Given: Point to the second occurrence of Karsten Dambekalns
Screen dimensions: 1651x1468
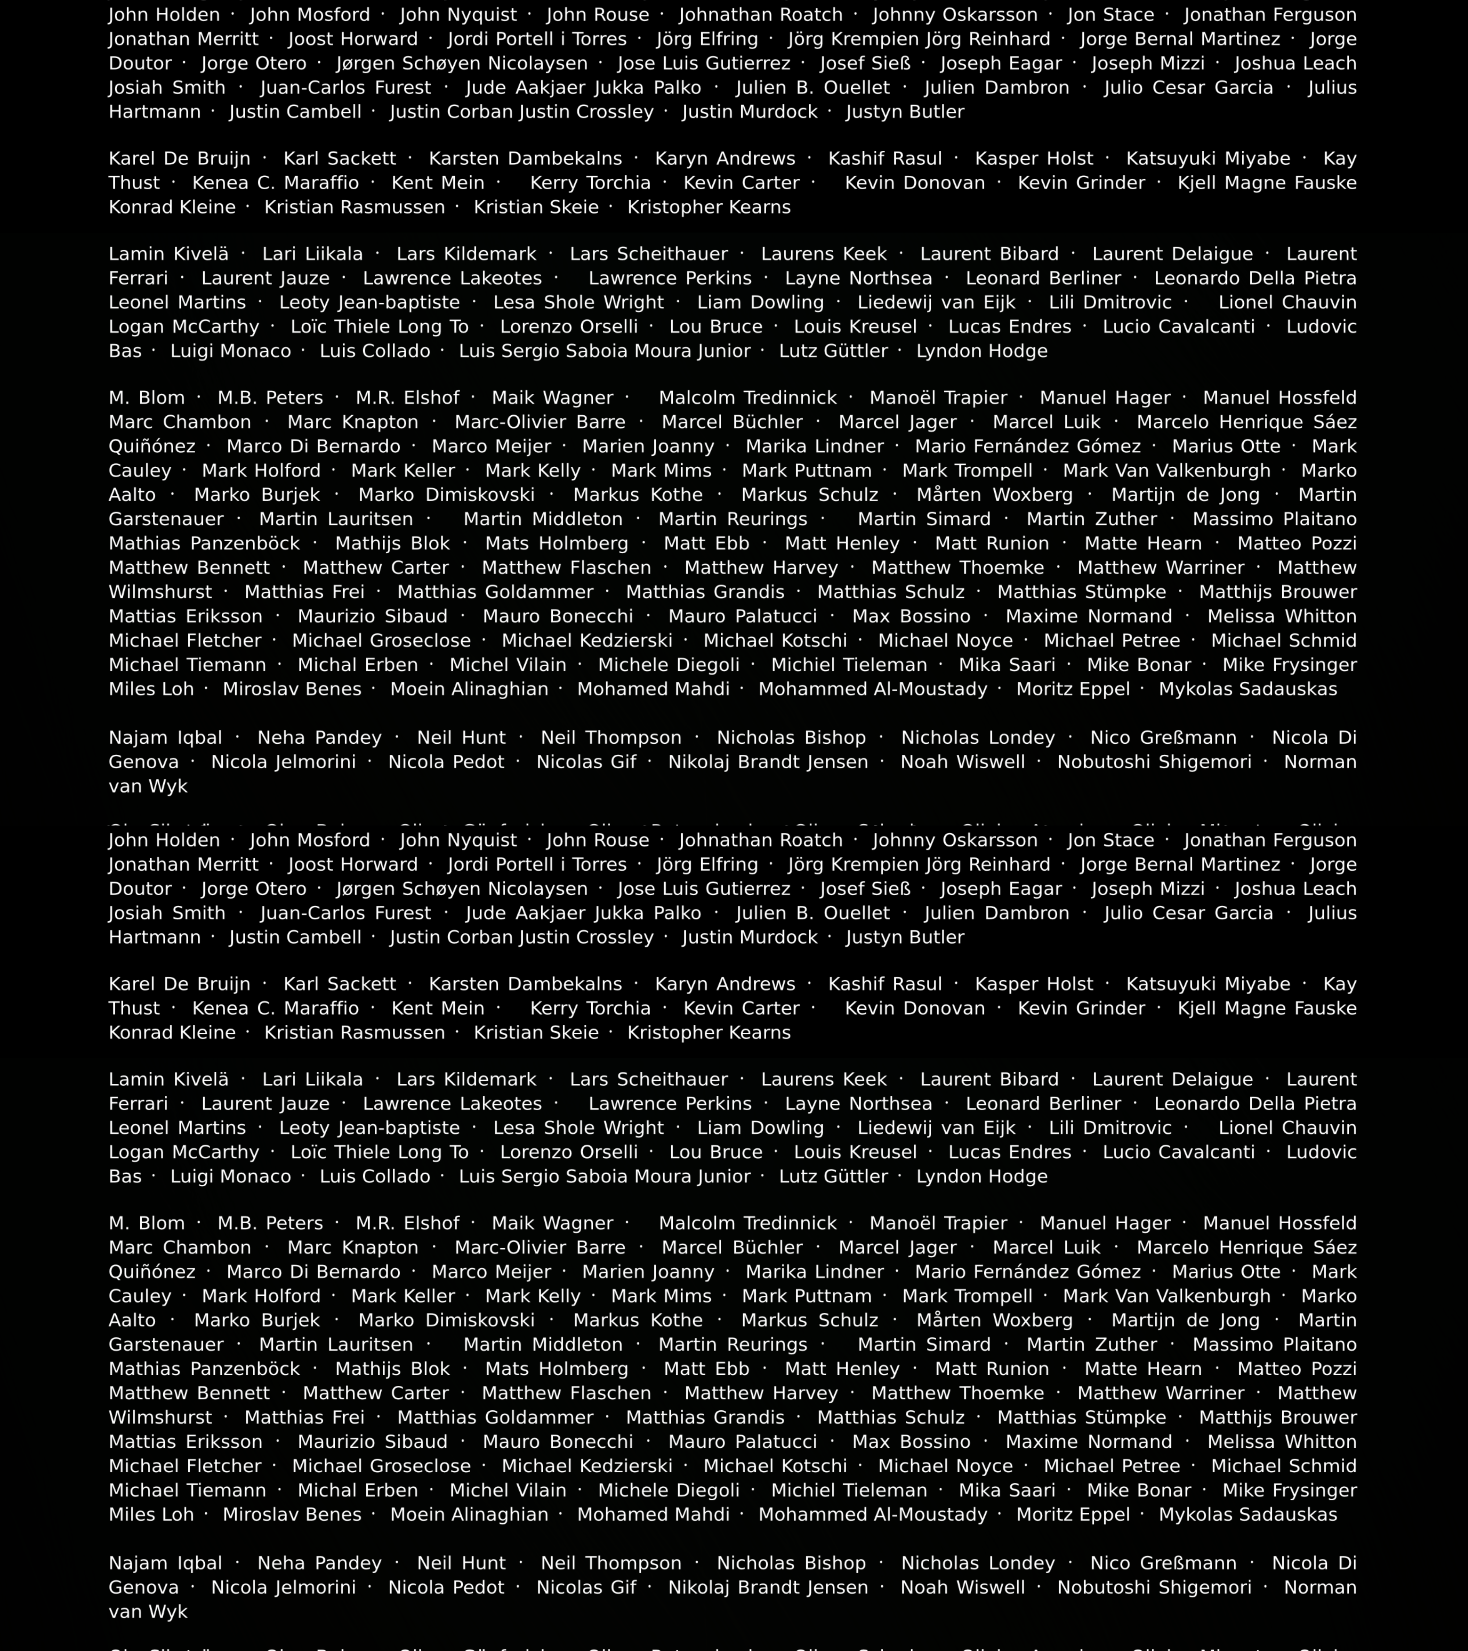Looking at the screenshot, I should click(x=525, y=984).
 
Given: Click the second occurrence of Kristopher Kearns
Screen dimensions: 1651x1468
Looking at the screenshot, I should click(x=709, y=1032).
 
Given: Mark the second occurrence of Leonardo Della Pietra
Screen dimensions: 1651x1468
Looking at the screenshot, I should click(x=1255, y=1103).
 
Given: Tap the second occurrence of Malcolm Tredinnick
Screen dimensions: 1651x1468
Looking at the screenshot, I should click(x=747, y=1223).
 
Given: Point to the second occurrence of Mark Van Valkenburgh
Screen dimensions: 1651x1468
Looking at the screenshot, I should click(x=1167, y=1295).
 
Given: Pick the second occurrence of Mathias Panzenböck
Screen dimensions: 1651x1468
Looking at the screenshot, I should click(x=204, y=1368).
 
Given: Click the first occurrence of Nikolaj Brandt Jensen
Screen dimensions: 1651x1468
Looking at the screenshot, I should click(x=767, y=762).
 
